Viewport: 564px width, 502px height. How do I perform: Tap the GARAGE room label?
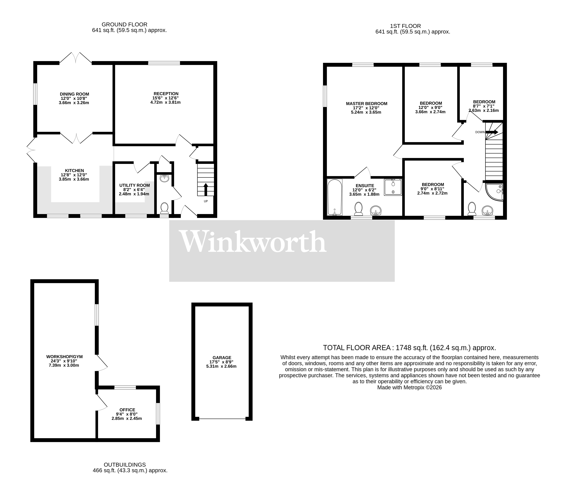point(222,357)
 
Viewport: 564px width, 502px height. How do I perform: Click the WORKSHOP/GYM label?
point(65,356)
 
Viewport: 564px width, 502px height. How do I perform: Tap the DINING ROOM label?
point(74,94)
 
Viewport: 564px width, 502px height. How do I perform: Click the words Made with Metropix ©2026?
point(410,387)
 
